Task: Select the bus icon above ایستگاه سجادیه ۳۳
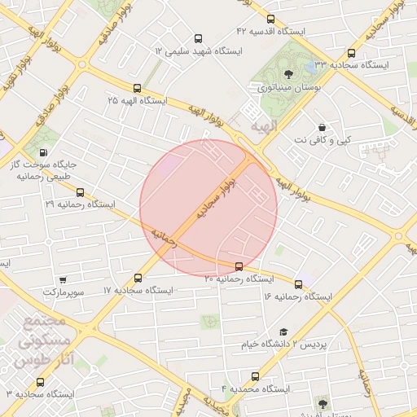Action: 351,52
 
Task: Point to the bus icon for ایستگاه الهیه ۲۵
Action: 137,88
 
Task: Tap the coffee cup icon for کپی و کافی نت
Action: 323,128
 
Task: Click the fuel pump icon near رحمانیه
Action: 42,152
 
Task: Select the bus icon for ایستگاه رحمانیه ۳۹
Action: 80,193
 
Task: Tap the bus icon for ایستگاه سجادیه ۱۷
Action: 138,279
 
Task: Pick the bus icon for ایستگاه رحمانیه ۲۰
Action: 239,266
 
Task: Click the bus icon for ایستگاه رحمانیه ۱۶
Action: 299,285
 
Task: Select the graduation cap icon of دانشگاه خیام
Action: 283,332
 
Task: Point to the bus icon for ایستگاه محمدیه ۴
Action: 256,377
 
